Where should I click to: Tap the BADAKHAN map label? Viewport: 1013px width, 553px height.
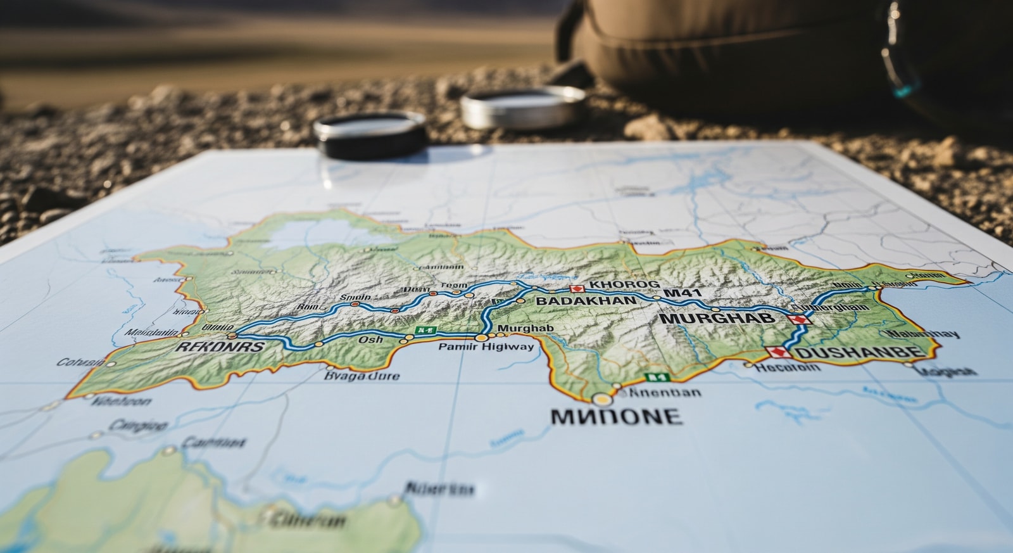[586, 301]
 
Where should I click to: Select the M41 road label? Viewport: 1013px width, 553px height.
[683, 293]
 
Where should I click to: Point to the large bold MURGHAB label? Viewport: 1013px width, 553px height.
[717, 318]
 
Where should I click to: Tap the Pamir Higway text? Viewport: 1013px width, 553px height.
[486, 346]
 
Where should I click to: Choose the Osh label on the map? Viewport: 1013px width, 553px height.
[370, 340]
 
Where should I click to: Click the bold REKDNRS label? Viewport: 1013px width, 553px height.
[220, 346]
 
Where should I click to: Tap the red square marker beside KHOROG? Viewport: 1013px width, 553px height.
[576, 289]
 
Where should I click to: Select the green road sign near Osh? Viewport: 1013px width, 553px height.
[425, 330]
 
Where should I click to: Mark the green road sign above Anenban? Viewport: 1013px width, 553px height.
[657, 378]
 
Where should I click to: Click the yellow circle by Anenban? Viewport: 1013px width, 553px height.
[603, 399]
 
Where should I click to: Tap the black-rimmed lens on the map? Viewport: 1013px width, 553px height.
[370, 134]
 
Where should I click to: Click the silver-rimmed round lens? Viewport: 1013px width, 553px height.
[523, 108]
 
